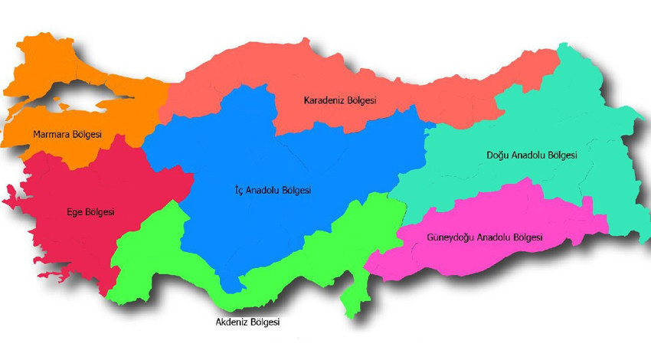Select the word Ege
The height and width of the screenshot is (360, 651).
[74, 212]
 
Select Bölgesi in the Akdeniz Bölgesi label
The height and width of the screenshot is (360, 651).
[267, 322]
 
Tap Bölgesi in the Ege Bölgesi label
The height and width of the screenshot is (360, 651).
[100, 212]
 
